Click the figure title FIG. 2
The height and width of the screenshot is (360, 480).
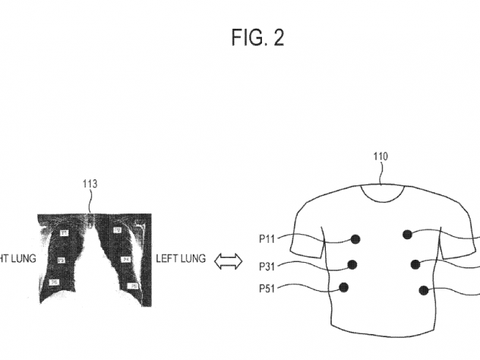257,39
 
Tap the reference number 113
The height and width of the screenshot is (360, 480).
90,184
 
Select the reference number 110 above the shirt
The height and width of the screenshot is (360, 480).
381,157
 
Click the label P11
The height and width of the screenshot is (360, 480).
267,238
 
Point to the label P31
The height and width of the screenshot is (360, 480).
267,266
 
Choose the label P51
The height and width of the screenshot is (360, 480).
267,289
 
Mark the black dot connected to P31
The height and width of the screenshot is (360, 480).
352,265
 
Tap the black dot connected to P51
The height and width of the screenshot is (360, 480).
344,287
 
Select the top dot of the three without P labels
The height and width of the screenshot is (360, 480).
408,234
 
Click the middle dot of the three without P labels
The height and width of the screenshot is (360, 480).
415,264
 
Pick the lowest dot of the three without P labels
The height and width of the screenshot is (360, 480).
422,289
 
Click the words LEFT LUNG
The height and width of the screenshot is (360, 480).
181,259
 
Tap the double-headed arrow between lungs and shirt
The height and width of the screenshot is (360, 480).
227,261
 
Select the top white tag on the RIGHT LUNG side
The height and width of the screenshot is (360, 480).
64,232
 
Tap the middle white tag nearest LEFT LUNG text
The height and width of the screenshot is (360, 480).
127,260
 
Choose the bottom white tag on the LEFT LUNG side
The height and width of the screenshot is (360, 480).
133,286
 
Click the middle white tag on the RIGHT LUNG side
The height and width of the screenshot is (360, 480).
60,260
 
